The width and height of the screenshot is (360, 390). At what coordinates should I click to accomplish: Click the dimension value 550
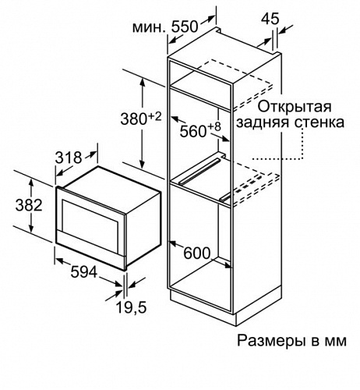click(x=185, y=27)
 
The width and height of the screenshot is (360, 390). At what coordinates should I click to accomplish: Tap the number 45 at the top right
click(x=270, y=19)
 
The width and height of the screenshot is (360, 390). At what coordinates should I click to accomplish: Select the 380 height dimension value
click(x=133, y=120)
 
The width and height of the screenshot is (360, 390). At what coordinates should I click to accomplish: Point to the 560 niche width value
click(x=193, y=131)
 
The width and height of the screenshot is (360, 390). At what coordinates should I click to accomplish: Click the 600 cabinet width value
click(x=196, y=253)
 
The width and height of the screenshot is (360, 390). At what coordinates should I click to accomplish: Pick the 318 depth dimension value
click(x=69, y=158)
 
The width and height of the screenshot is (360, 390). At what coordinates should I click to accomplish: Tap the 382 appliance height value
click(x=29, y=205)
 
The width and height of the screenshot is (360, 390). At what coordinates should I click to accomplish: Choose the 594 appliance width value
click(x=84, y=272)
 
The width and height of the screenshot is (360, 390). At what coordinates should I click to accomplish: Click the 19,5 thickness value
click(x=131, y=307)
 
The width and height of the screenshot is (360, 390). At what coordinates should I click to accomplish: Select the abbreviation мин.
click(x=149, y=27)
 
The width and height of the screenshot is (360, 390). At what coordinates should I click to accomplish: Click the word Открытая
click(x=295, y=107)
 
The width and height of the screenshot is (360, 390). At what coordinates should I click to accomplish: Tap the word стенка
click(x=321, y=122)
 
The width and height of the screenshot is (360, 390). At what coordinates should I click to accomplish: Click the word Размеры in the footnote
click(x=271, y=341)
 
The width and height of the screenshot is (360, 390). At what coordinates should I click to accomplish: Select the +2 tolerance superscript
click(x=154, y=116)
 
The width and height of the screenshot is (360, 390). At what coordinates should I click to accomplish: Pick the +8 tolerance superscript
click(x=214, y=127)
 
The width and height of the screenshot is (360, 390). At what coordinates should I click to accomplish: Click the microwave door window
click(x=89, y=223)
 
